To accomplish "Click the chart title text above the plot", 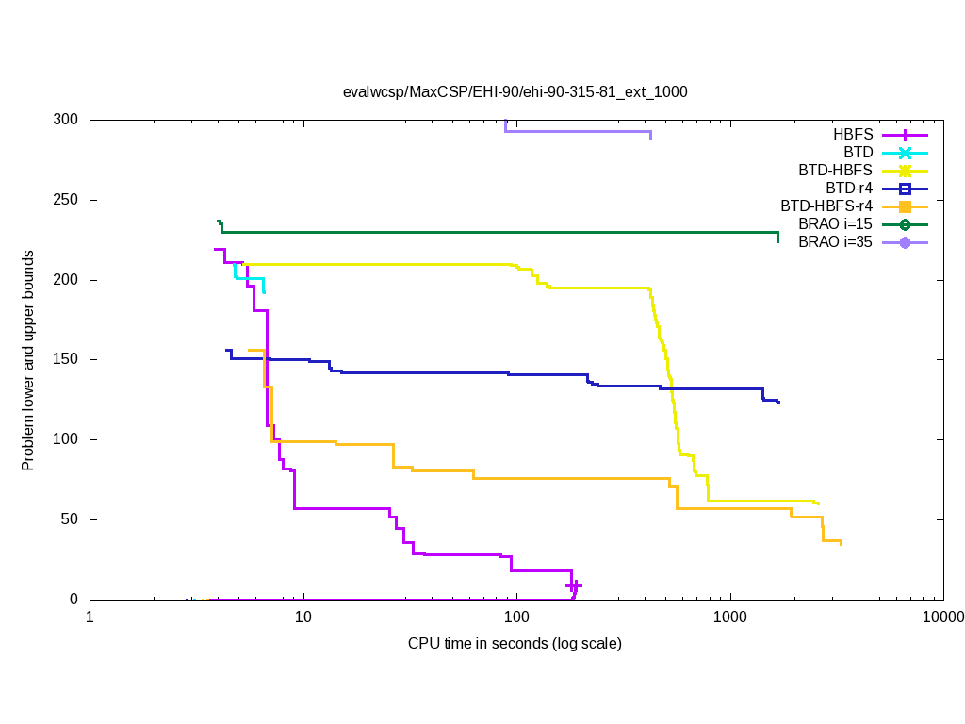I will pos(515,92).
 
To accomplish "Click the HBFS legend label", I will pos(853,135).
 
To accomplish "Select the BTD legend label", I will pos(859,153).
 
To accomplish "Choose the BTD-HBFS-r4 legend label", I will pos(826,206).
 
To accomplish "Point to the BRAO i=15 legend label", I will pos(836,224).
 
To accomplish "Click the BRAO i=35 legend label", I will pos(836,242).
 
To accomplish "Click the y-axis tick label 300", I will pos(67,121).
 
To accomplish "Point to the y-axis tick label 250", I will pos(67,201).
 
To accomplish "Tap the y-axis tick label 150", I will pos(67,360).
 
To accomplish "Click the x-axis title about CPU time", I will pos(515,644).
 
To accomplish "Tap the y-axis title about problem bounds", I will pos(28,360).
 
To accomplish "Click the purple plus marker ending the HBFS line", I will pos(574,586).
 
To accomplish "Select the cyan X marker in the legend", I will pos(904,153).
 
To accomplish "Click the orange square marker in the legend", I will pos(904,206).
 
